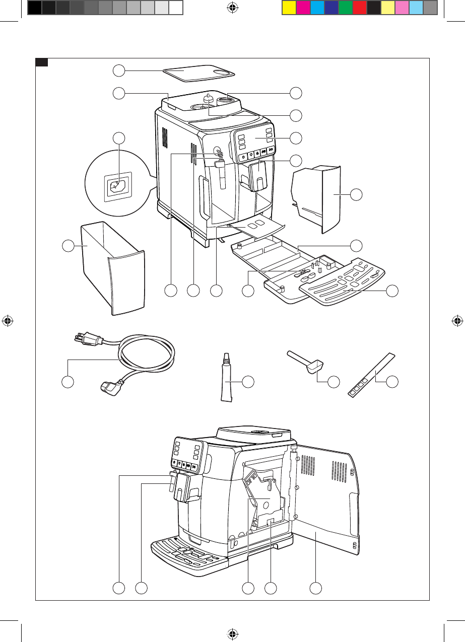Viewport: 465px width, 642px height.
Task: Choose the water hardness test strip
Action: tap(370, 375)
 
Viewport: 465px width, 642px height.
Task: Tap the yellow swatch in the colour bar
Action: tap(289, 7)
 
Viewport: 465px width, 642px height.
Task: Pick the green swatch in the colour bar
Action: tap(345, 7)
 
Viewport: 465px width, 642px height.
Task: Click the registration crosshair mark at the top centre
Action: tap(232, 8)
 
